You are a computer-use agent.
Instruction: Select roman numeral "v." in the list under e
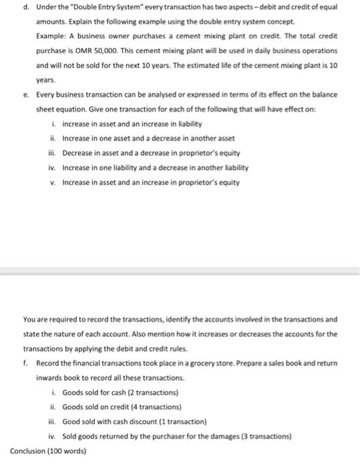tap(53, 182)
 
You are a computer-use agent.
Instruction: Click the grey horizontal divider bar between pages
tap(180, 271)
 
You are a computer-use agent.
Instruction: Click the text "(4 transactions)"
tap(158, 406)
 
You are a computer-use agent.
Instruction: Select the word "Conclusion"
tap(29, 451)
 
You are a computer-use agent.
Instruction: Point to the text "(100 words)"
tap(69, 451)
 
